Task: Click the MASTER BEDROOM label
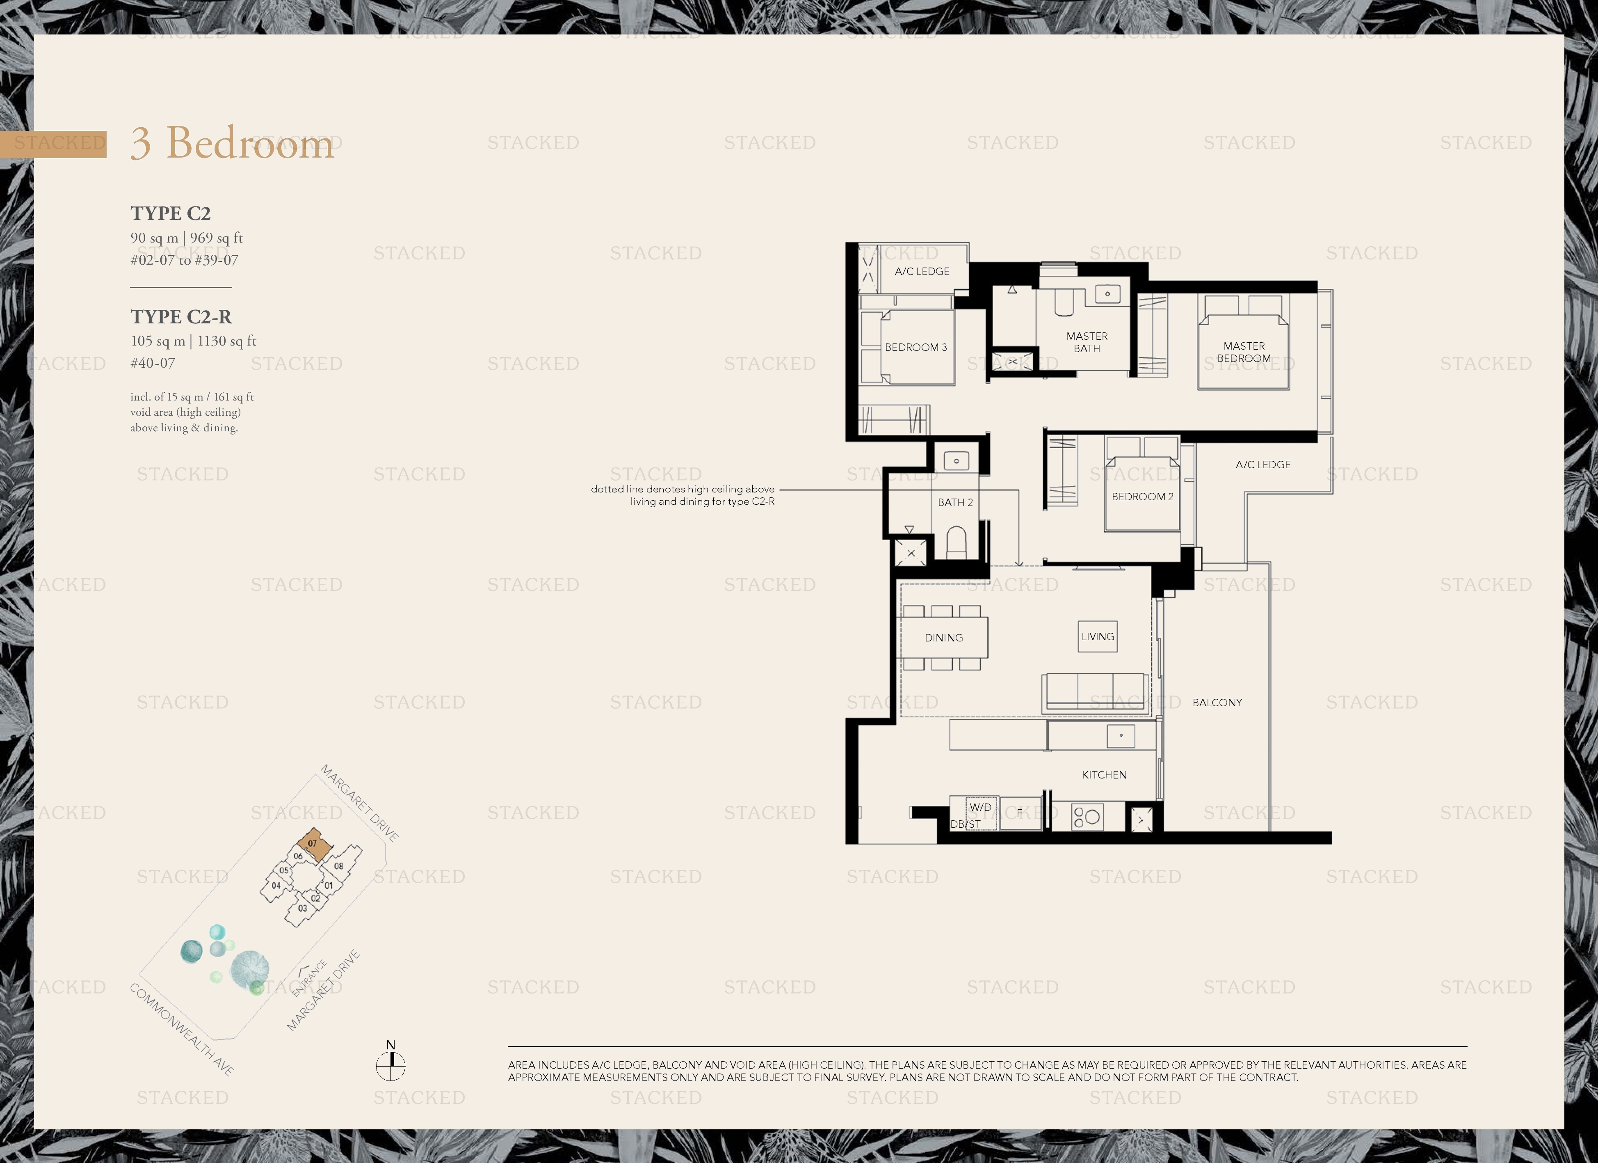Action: pos(1244,352)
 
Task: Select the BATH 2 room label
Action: pos(955,502)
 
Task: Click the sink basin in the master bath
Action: pos(1107,294)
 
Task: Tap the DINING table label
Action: pos(943,637)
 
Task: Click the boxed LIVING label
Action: pos(1097,636)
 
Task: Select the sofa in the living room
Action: pos(1096,692)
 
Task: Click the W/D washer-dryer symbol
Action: pos(980,807)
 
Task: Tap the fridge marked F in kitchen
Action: pos(1019,813)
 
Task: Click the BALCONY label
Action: pos(1217,702)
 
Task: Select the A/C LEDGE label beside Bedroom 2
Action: pos(1262,465)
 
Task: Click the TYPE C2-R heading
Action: pos(181,316)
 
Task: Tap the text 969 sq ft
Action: pos(216,238)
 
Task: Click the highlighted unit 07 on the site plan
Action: pos(312,843)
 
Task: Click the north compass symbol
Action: pos(390,1065)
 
